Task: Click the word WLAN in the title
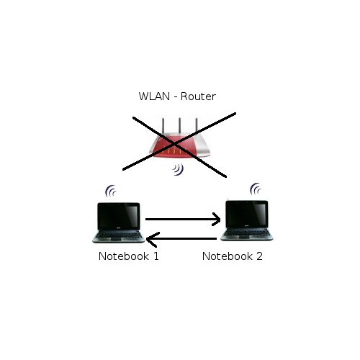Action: point(153,96)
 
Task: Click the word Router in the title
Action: point(198,96)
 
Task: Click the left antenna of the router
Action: point(163,130)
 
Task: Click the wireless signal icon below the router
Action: point(177,171)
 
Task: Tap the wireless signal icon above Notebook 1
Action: point(110,191)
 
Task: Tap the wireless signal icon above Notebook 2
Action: point(255,190)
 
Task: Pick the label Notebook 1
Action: point(128,256)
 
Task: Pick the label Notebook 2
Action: point(232,256)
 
